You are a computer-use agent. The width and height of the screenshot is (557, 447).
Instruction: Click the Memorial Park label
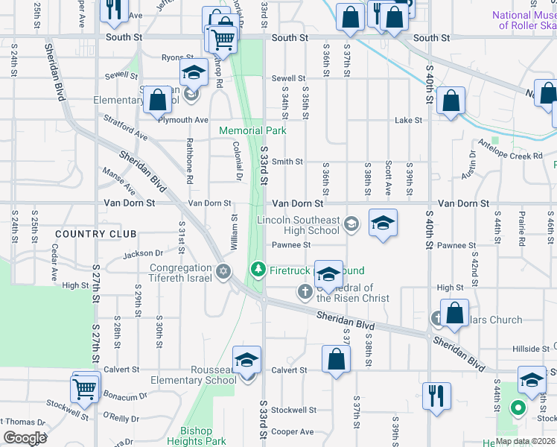[252, 130]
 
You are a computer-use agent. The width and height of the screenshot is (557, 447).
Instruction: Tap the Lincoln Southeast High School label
[298, 225]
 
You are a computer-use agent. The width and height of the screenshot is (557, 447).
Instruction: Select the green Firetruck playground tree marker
[258, 267]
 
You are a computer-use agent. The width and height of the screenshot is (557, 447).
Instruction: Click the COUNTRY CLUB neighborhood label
[86, 233]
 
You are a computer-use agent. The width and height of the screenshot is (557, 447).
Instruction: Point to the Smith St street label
[287, 162]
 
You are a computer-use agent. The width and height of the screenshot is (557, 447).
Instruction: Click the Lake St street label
[408, 120]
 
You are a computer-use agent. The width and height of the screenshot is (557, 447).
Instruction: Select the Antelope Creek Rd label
[510, 150]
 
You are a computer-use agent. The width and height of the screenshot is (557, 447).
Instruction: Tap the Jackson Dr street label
[142, 254]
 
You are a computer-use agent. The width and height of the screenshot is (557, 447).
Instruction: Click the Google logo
[25, 438]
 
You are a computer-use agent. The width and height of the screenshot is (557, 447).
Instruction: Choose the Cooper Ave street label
[292, 431]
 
